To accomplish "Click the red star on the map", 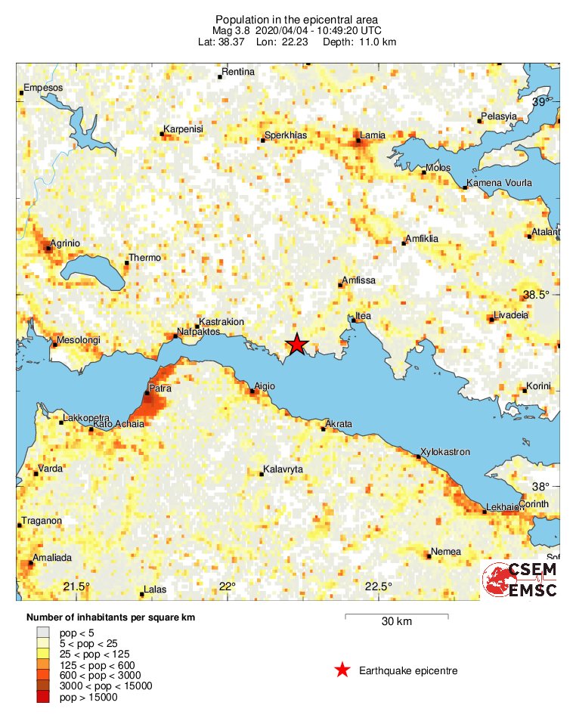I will pos(297,344).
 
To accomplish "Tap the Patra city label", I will pos(159,388).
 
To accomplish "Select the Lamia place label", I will pos(373,135).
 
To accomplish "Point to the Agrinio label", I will pos(65,243).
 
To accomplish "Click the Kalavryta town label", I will pos(283,470).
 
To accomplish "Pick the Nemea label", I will pos(446,552).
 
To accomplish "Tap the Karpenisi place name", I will pos(184,129).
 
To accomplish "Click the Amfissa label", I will pos(359,280).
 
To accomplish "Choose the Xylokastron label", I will pos(445,452).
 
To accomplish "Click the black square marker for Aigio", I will pos(252,391).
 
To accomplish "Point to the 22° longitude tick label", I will pos(228,586).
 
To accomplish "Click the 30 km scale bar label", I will pos(396,622).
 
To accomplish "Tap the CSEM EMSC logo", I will pos(519,580).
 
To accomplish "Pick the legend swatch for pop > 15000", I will pos(43,697).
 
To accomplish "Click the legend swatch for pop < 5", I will pos(43,633).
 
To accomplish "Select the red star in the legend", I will pos(342,670).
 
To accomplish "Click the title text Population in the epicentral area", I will pos(297,19).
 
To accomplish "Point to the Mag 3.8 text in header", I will pos(234,30).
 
